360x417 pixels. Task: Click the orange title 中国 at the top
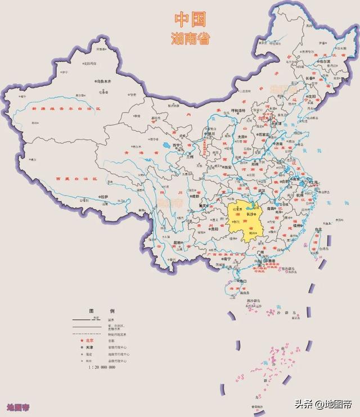(190, 20)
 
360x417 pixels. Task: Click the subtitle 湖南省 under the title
(190, 38)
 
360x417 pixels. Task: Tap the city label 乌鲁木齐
(106, 81)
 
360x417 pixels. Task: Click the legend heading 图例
(101, 311)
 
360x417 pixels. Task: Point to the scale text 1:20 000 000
(101, 367)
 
